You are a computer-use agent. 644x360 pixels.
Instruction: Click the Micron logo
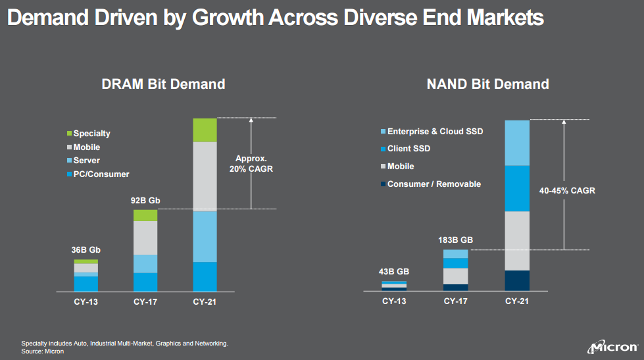point(612,347)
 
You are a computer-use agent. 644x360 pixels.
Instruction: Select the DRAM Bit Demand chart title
point(163,84)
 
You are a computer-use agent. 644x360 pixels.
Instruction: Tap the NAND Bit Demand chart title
point(487,84)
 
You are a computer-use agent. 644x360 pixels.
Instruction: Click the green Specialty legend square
point(69,134)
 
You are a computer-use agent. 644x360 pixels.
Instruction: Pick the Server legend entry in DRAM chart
point(87,161)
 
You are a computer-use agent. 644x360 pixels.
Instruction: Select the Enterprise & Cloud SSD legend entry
point(435,132)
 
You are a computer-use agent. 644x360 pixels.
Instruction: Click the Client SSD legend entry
point(409,149)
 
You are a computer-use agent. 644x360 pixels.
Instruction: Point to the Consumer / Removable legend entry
point(433,184)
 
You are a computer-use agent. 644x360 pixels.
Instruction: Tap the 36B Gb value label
point(86,250)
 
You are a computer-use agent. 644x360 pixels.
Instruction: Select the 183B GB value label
point(456,240)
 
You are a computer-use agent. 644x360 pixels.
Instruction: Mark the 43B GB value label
point(394,271)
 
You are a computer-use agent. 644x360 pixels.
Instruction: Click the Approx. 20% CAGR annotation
point(254,163)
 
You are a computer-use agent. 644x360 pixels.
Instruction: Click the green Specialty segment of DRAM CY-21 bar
point(205,130)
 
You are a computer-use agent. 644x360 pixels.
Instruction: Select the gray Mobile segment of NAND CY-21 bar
point(517,241)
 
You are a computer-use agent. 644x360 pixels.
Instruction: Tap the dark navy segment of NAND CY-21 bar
point(517,280)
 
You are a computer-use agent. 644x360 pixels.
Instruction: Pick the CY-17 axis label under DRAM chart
point(145,302)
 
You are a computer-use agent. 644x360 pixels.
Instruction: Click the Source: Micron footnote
point(43,351)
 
